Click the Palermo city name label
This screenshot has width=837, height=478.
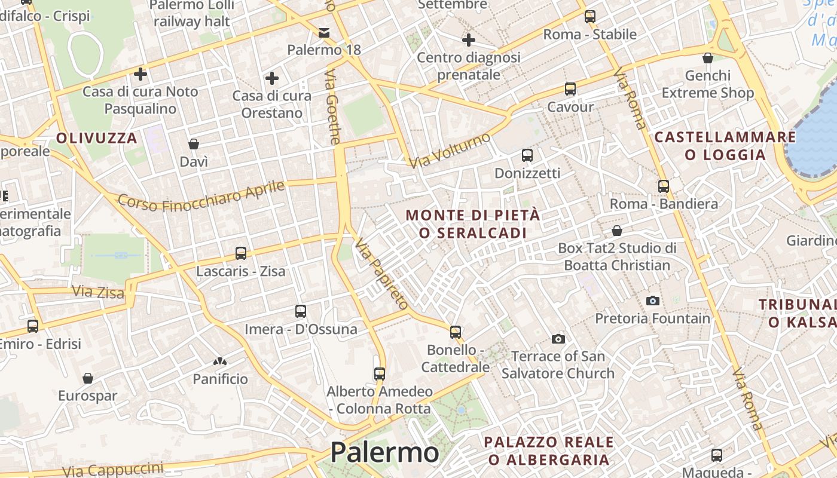[384, 452]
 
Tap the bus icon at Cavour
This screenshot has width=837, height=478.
[570, 89]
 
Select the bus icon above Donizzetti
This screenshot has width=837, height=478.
[527, 155]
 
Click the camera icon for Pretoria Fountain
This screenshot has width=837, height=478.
[653, 301]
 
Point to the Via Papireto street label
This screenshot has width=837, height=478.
[381, 274]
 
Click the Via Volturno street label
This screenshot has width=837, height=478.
[450, 150]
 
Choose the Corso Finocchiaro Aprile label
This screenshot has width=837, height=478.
[201, 196]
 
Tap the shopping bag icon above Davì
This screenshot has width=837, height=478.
[194, 144]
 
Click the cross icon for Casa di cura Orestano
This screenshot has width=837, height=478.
[272, 78]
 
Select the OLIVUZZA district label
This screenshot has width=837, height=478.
[97, 138]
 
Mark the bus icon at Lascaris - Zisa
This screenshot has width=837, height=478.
[241, 253]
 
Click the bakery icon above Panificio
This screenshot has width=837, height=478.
[220, 361]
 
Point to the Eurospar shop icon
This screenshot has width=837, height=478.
[88, 378]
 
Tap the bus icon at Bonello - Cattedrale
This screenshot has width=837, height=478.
[456, 332]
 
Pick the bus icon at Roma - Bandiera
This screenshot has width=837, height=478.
[664, 186]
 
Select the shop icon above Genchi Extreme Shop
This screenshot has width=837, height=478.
[708, 58]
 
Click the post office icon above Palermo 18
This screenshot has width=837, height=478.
[324, 32]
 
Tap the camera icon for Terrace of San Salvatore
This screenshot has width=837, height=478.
[558, 339]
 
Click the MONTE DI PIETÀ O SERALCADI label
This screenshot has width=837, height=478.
[473, 223]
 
